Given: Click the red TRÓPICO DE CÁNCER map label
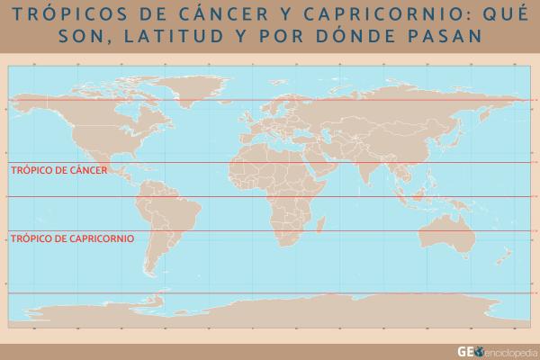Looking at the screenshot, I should (x=58, y=169).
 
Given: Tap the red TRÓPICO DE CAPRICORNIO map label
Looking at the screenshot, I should (x=71, y=238).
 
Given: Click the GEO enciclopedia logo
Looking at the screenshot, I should (x=496, y=351).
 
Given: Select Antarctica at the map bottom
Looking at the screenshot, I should (x=270, y=315).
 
